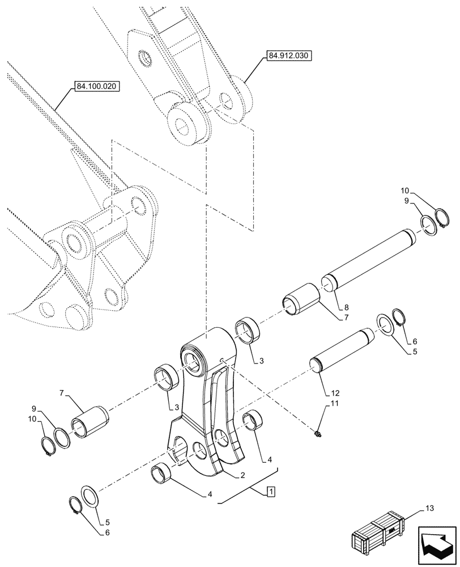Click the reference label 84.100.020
click(x=97, y=88)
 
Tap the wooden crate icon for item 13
click(x=378, y=533)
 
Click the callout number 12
click(x=336, y=392)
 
